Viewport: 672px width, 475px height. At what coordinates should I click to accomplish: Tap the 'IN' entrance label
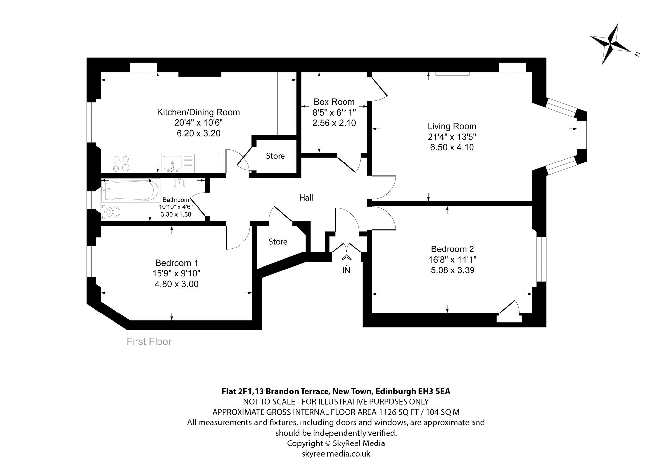coord(346,270)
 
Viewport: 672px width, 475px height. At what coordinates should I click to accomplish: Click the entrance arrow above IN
coord(346,260)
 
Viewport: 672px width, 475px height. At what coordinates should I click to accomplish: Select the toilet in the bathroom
coord(110,212)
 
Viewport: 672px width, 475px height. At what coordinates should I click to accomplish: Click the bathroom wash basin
coord(179,183)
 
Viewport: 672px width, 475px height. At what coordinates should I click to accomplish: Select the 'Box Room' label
coord(334,102)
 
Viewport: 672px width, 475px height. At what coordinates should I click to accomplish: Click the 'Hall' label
coord(306,197)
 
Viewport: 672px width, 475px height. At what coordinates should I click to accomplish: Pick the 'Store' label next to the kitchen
coord(275,156)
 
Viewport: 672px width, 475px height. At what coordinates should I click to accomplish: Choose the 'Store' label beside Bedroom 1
coord(278,242)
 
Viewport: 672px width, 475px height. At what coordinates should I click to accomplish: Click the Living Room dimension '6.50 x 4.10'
coord(452,147)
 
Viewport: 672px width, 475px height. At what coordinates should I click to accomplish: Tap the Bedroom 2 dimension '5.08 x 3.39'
coord(452,270)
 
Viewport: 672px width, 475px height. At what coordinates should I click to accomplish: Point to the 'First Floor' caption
coord(149,342)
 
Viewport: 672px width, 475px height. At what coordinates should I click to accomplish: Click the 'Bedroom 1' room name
coord(177,263)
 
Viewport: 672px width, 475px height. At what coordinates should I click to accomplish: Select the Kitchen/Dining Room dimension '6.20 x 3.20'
coord(198,133)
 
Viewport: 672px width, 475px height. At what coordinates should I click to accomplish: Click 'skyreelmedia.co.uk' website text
coord(336,454)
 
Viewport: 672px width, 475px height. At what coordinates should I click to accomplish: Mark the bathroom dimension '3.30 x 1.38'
coord(176,214)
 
